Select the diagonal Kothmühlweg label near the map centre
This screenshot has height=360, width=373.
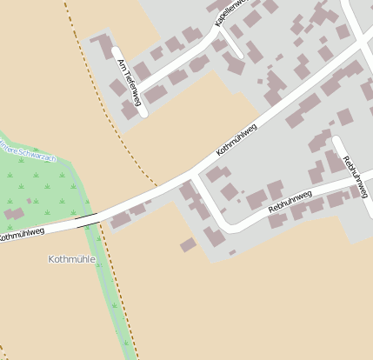pos(236,139)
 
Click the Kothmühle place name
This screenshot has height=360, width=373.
pos(72,259)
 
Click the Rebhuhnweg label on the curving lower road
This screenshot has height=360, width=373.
pos(290,203)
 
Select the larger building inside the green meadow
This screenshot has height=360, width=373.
pos(14,213)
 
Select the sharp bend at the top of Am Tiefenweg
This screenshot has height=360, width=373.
pos(117,50)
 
